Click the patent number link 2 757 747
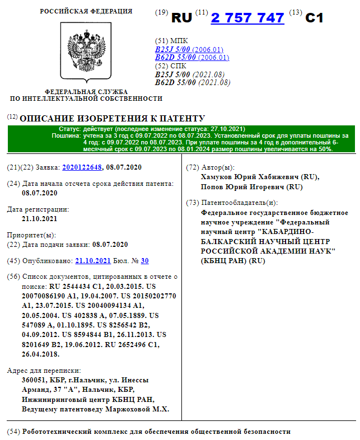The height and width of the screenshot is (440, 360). pyautogui.click(x=247, y=18)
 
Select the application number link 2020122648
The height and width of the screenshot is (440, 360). pyautogui.click(x=82, y=167)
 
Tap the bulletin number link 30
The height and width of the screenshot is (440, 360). pyautogui.click(x=145, y=261)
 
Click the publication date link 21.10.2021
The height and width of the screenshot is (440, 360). pyautogui.click(x=93, y=261)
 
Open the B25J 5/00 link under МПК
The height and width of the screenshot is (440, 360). pyautogui.click(x=172, y=49)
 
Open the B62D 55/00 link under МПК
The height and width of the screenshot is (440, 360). pyautogui.click(x=174, y=58)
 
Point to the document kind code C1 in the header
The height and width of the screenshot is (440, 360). pyautogui.click(x=315, y=18)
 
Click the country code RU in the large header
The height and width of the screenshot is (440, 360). pyautogui.click(x=181, y=18)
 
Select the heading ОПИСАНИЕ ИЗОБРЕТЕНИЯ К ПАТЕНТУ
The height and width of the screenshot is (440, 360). pyautogui.click(x=112, y=119)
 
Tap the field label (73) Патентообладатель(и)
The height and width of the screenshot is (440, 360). pyautogui.click(x=232, y=203)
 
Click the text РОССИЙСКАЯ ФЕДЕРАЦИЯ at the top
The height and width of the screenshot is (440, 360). pyautogui.click(x=86, y=11)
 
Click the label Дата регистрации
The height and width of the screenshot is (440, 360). pyautogui.click(x=38, y=209)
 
